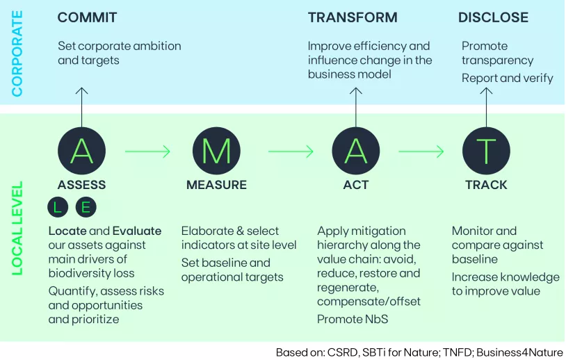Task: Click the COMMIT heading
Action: [x=87, y=18]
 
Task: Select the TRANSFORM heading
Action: [x=353, y=18]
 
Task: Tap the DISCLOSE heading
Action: [x=493, y=18]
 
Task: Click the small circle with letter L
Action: [x=58, y=206]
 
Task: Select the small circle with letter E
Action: [x=86, y=206]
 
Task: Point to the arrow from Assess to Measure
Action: [x=147, y=151]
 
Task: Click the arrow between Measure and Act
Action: [x=291, y=151]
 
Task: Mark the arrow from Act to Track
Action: [x=421, y=151]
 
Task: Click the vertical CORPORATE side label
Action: [x=17, y=53]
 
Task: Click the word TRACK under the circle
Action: [x=486, y=185]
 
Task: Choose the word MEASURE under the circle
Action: [x=216, y=185]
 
